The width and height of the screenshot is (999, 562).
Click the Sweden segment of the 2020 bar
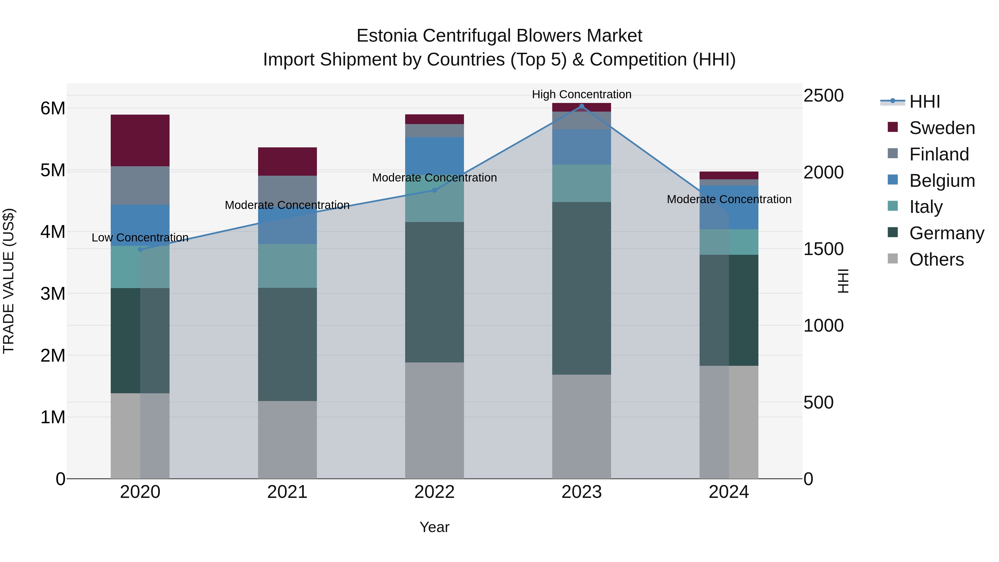click(140, 140)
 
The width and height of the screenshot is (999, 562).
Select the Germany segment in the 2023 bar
click(581, 288)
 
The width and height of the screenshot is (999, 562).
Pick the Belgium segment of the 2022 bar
click(434, 155)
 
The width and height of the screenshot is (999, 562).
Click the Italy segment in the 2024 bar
click(729, 242)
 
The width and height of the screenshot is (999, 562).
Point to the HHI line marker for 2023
click(581, 106)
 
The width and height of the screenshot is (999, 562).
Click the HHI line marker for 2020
click(140, 250)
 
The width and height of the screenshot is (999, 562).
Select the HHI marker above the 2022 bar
click(434, 190)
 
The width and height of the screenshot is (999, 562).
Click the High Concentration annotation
click(581, 94)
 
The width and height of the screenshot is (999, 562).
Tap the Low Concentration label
click(140, 237)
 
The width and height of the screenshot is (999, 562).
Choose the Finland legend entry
click(939, 154)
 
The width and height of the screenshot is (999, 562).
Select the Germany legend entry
click(946, 233)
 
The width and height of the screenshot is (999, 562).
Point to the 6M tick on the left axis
click(53, 108)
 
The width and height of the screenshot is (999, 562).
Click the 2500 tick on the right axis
click(823, 95)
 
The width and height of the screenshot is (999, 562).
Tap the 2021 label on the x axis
click(287, 492)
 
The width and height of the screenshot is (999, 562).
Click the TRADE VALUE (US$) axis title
click(9, 281)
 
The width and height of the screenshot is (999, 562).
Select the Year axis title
click(434, 527)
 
